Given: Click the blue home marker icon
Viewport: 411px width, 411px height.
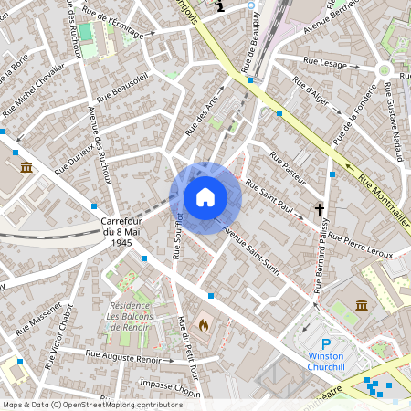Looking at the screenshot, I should (205, 196).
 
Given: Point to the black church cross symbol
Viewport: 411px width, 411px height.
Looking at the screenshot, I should (321, 209).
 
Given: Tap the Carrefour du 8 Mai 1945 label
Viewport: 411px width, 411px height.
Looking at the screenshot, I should (118, 233).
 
